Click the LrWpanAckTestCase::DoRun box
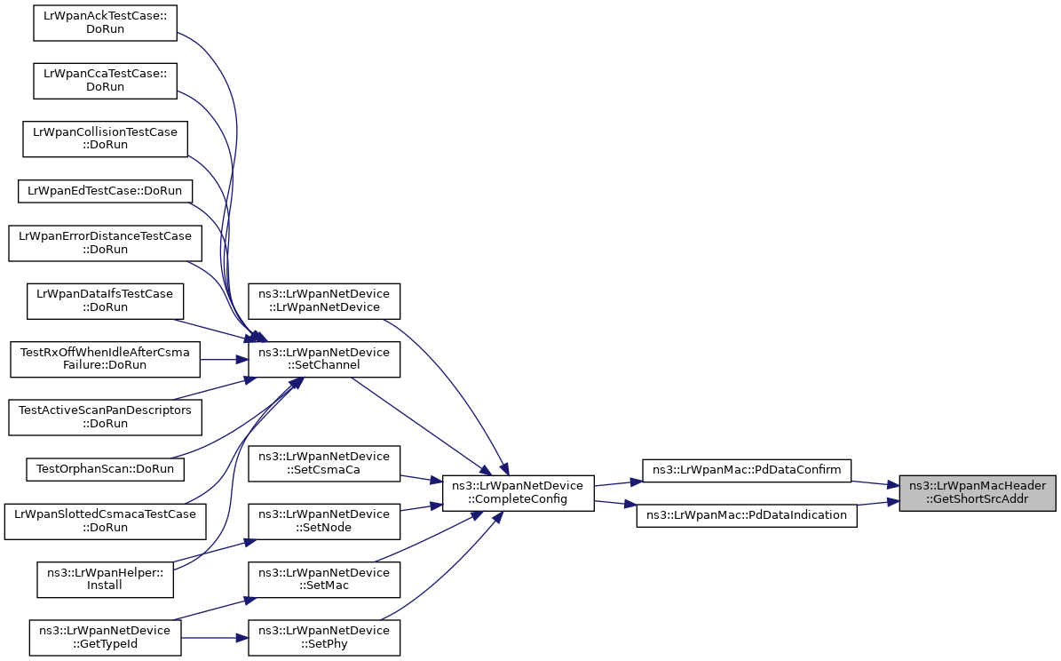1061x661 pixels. (x=106, y=22)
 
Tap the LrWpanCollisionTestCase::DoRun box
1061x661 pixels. (x=105, y=139)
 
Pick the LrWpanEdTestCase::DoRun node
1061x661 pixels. (x=105, y=190)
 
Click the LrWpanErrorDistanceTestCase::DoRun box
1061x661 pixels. (x=105, y=243)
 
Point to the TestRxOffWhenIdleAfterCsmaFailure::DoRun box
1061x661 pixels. (x=105, y=359)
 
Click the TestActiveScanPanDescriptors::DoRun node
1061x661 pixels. (x=105, y=417)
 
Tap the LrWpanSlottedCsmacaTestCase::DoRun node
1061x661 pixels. (x=105, y=521)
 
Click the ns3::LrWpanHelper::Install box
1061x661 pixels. (x=105, y=578)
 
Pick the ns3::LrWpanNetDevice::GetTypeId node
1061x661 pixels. (x=105, y=637)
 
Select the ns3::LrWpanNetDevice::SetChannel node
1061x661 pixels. (x=324, y=359)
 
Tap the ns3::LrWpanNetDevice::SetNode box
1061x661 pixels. (x=324, y=521)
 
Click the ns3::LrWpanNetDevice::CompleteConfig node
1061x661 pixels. (x=518, y=492)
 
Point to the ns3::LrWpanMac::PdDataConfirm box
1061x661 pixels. (x=747, y=470)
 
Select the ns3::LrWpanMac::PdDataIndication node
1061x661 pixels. (x=747, y=514)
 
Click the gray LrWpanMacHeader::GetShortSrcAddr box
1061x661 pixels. (x=977, y=492)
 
